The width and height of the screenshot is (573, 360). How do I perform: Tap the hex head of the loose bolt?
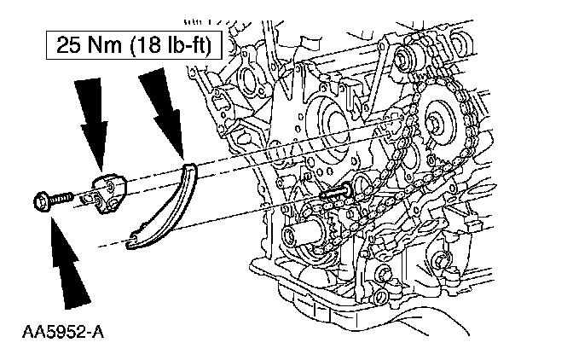tap(40, 203)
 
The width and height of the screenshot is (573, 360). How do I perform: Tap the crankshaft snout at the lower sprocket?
tap(309, 232)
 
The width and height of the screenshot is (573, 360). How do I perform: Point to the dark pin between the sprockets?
tap(333, 195)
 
